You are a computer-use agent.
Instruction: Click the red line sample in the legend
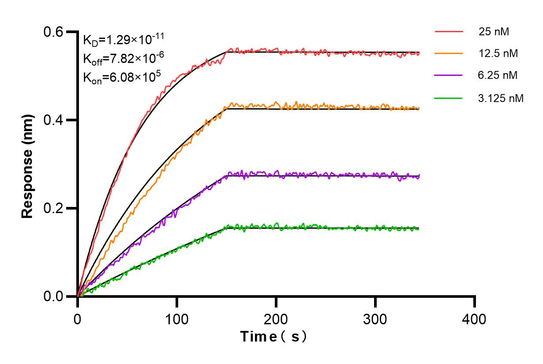pyautogui.click(x=449, y=32)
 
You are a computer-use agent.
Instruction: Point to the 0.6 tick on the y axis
pyautogui.click(x=53, y=32)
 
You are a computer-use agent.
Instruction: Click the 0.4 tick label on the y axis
pyautogui.click(x=53, y=120)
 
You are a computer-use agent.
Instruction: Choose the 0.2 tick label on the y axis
pyautogui.click(x=53, y=208)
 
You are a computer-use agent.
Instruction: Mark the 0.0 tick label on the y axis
pyautogui.click(x=53, y=296)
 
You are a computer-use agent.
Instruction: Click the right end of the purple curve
pyautogui.click(x=419, y=176)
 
